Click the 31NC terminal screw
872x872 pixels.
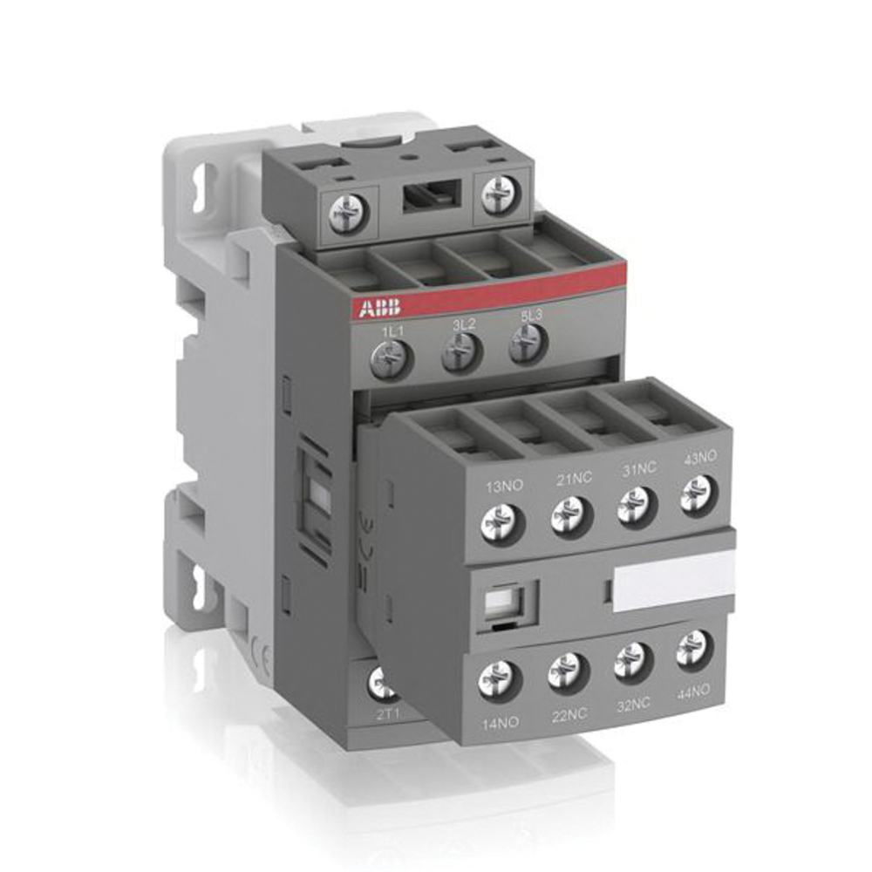[637, 505]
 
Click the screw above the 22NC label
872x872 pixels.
[569, 671]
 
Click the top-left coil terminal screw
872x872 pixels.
[349, 211]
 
